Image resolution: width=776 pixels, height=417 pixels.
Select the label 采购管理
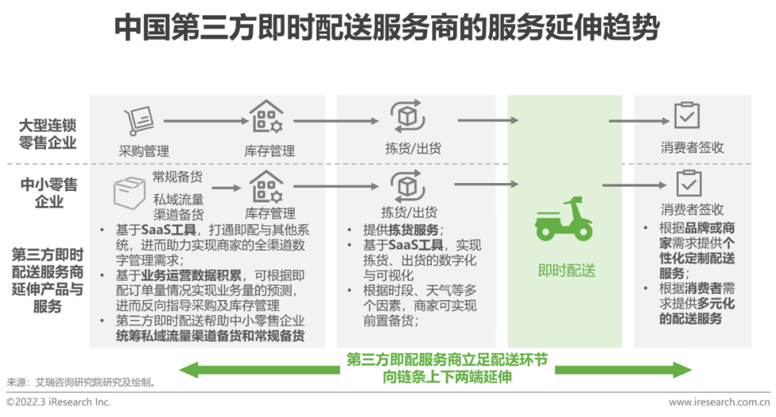(144, 151)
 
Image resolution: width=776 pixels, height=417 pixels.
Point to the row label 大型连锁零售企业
(47, 133)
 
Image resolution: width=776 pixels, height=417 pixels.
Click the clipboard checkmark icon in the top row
(687, 116)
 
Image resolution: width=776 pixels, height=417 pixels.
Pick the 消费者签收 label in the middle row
(692, 210)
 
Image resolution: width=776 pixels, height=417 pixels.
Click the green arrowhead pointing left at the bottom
(188, 370)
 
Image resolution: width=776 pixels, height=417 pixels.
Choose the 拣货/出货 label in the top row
(413, 149)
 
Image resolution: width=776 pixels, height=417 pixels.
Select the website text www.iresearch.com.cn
(718, 403)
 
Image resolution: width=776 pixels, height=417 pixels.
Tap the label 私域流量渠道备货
(178, 206)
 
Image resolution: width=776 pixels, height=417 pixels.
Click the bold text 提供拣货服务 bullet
(403, 230)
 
